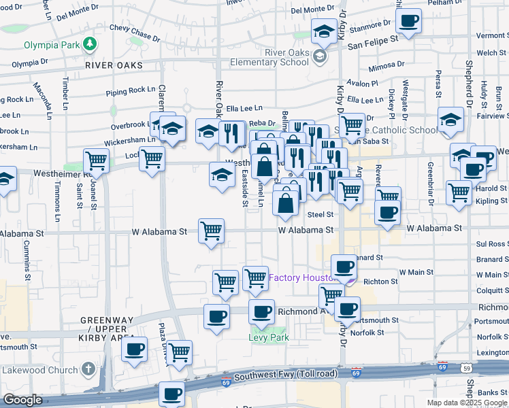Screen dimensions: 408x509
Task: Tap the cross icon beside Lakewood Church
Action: point(87,369)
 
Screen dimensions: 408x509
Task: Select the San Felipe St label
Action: point(372,41)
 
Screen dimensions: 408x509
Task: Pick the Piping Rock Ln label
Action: point(131,90)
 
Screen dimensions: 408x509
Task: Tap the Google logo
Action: point(22,400)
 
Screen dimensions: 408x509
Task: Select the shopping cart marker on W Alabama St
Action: point(212,231)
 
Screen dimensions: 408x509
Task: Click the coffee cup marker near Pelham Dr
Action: point(408,21)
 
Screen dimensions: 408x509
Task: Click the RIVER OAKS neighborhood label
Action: point(114,65)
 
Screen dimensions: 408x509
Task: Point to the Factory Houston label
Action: point(304,278)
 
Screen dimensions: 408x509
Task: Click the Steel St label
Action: point(320,214)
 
